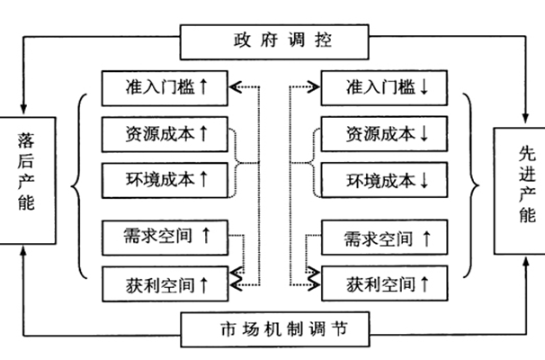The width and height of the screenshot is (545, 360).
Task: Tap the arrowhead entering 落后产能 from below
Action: (25, 249)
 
